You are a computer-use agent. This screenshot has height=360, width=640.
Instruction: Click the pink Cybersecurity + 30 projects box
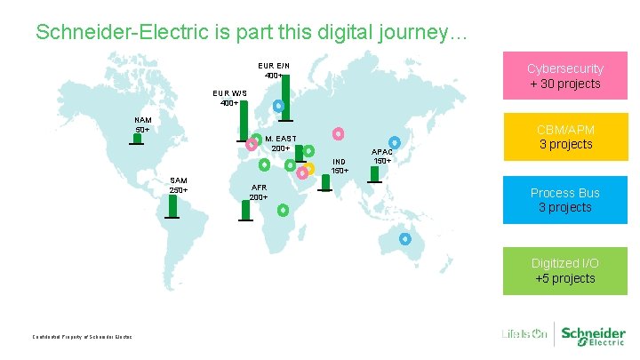click(x=564, y=76)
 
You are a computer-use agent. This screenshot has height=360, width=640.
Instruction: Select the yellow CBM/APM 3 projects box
click(x=564, y=136)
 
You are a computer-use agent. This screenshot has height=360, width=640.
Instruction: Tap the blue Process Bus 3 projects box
click(x=564, y=200)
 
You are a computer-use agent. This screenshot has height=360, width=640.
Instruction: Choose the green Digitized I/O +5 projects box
click(x=564, y=271)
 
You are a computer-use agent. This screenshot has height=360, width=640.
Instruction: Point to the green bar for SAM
click(x=172, y=206)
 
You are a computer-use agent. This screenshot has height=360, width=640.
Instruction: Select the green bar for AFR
click(x=245, y=210)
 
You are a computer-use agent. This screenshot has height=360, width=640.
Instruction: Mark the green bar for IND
click(x=326, y=182)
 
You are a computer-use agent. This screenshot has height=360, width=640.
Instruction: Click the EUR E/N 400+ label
click(x=273, y=70)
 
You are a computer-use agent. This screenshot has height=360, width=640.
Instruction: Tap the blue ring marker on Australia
click(x=405, y=238)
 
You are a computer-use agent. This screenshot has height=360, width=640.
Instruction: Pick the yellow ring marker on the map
click(x=308, y=169)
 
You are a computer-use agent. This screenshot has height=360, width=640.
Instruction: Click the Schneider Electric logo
click(x=591, y=334)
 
